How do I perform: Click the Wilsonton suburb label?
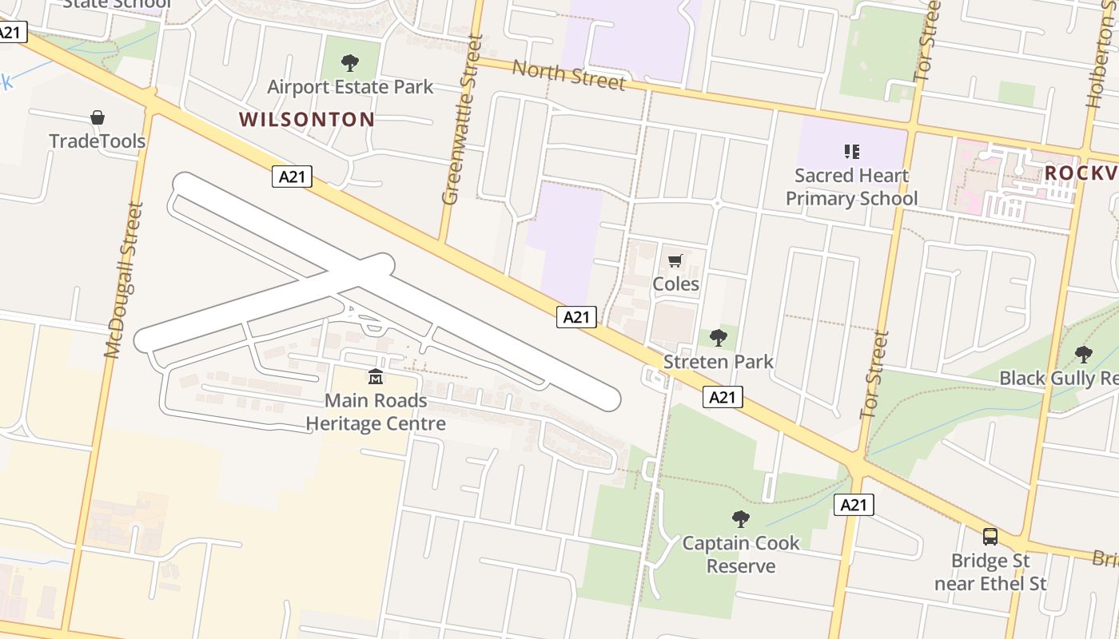click(x=307, y=120)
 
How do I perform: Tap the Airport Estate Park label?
click(x=350, y=86)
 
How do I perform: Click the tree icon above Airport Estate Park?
click(x=349, y=62)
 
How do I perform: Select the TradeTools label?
click(x=98, y=141)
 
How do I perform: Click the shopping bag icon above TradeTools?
click(x=98, y=118)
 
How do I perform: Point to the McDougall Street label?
click(x=123, y=280)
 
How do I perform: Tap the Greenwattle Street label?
click(x=462, y=120)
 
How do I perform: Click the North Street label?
click(x=568, y=74)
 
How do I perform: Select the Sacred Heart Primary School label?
click(x=852, y=187)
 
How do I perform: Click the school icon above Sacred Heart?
click(x=851, y=151)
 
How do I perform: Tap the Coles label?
click(x=675, y=284)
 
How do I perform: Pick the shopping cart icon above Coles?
click(x=675, y=260)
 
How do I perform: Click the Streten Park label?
click(x=719, y=362)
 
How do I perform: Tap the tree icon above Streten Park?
click(x=719, y=338)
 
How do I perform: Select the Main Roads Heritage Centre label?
click(x=376, y=412)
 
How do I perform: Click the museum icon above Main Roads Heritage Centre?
click(x=376, y=376)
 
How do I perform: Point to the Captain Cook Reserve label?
click(x=741, y=554)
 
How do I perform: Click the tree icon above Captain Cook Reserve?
click(x=741, y=519)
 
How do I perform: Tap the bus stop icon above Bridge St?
click(x=990, y=537)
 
